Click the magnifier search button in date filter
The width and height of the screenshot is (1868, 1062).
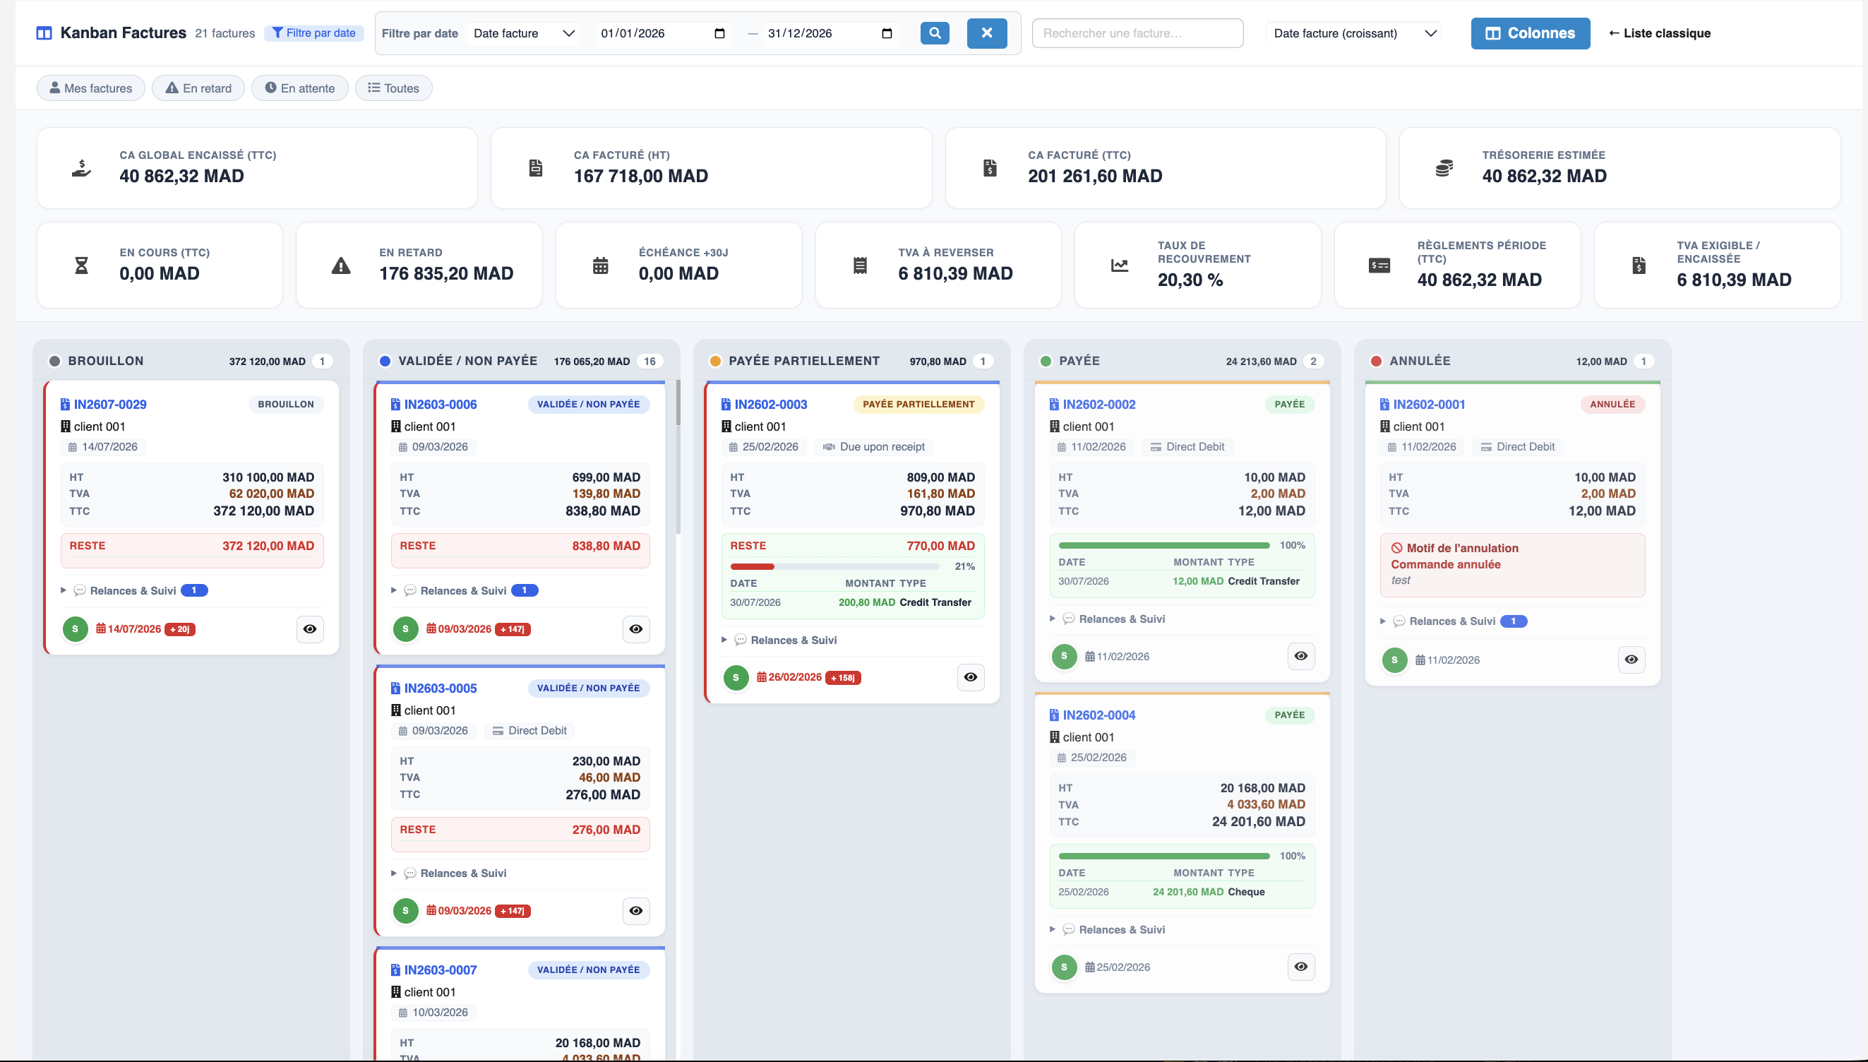tap(935, 32)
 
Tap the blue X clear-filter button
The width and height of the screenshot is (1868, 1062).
tap(986, 32)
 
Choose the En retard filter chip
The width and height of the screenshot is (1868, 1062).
tap(198, 88)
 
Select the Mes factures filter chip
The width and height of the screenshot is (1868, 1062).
tap(91, 88)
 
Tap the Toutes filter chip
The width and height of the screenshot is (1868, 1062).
tap(394, 88)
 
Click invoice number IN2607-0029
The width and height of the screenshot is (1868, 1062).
tap(110, 404)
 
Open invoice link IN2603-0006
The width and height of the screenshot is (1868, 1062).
tap(441, 404)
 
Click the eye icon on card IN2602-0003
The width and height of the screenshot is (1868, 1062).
tap(971, 677)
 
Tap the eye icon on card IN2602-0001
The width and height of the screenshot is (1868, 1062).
tap(1631, 660)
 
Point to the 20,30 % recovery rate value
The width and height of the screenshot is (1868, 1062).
tap(1190, 280)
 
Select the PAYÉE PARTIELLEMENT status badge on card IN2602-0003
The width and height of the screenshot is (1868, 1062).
tap(918, 404)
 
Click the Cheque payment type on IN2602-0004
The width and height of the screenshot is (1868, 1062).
tap(1246, 892)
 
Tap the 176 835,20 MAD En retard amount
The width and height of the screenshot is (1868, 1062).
tap(446, 273)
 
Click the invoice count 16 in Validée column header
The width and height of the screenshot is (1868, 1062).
tap(649, 361)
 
